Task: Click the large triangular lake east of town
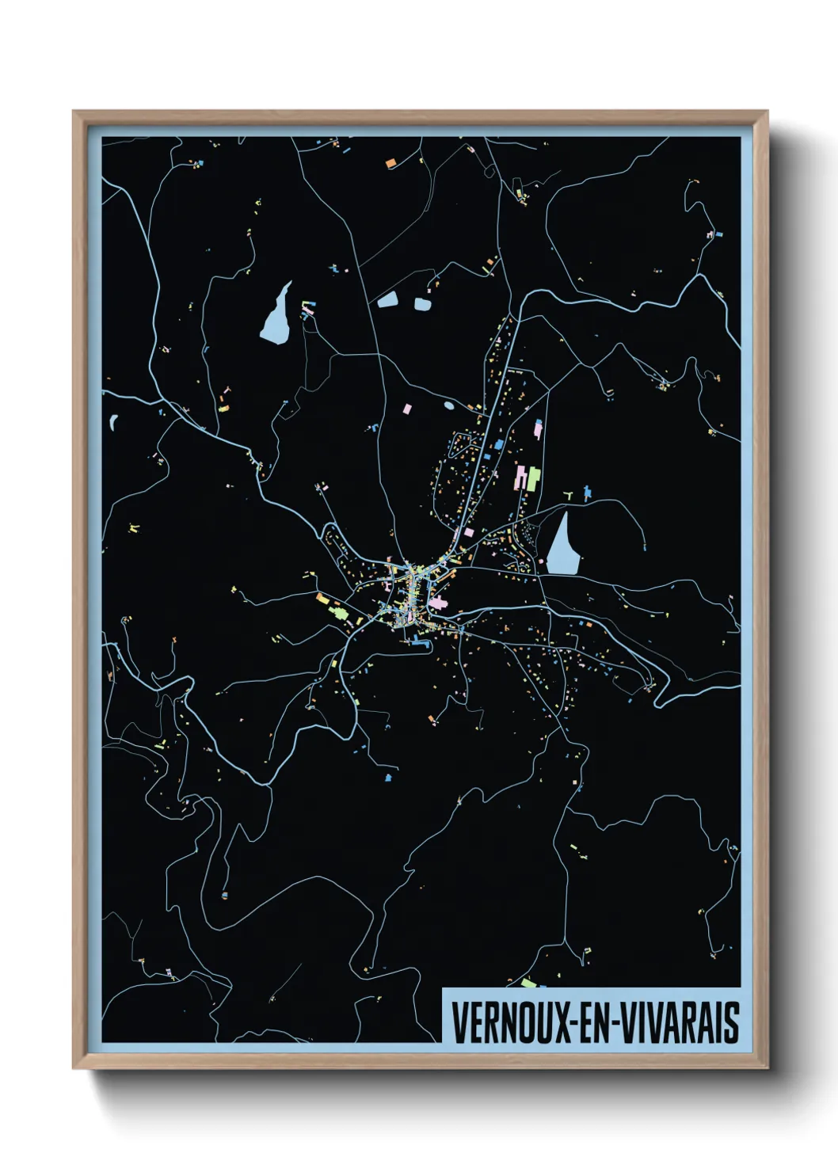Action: coord(561,546)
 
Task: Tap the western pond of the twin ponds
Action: coord(388,299)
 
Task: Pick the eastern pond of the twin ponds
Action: coord(422,303)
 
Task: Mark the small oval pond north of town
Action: coord(449,405)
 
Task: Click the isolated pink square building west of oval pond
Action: coord(408,409)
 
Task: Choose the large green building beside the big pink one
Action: coord(534,478)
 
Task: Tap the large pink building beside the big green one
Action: coord(522,478)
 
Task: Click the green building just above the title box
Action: coord(529,984)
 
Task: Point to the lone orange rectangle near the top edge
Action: coord(390,164)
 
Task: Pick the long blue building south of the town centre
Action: coord(417,642)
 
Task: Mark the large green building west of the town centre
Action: coord(337,611)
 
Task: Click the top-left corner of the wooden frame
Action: coord(74,112)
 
